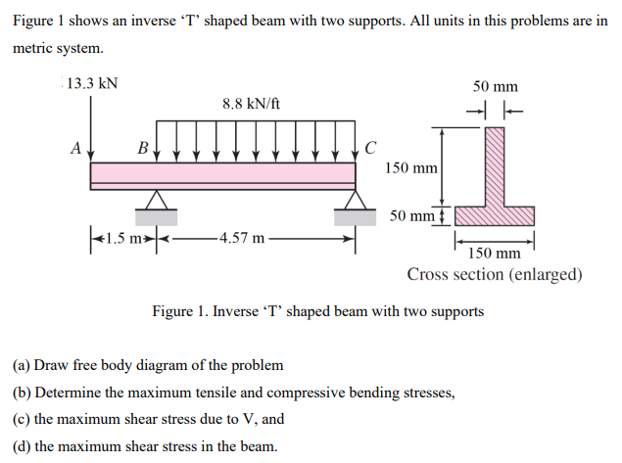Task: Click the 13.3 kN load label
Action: (x=92, y=83)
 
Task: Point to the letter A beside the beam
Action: (x=75, y=149)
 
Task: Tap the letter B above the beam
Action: (x=143, y=149)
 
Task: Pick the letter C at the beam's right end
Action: (x=368, y=149)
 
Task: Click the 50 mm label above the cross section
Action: (x=496, y=87)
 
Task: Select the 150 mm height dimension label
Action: (x=411, y=168)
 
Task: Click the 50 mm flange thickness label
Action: (x=412, y=214)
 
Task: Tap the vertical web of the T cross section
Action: (x=495, y=166)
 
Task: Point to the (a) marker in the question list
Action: (x=21, y=365)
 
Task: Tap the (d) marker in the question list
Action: (x=21, y=447)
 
